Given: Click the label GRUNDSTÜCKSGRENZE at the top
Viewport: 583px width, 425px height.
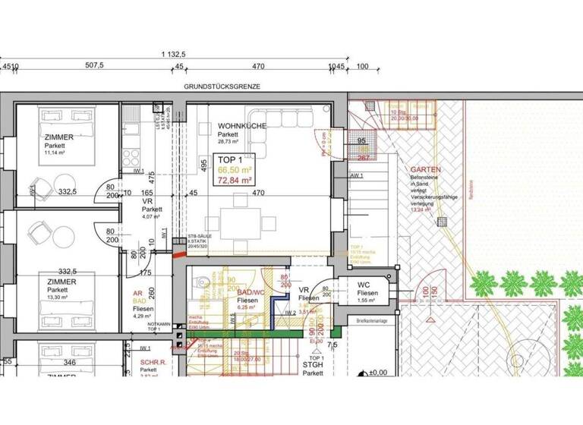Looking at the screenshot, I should coord(222,87).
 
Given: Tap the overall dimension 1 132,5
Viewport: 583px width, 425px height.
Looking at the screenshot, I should coord(175,55).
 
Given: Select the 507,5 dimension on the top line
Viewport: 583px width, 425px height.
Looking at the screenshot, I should coord(94,66).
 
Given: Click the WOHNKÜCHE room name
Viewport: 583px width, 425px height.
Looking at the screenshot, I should coord(241,126).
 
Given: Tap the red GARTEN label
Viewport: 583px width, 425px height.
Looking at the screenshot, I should coord(426,170).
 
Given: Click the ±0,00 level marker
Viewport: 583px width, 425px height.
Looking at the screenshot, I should coord(377,373).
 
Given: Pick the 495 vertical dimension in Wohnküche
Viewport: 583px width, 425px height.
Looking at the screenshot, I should coord(204,165).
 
